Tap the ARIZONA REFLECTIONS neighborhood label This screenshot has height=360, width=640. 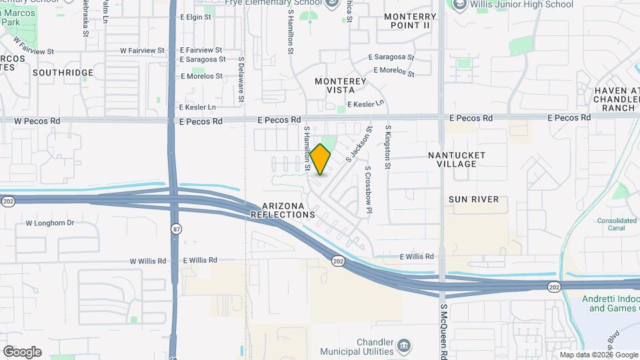283,210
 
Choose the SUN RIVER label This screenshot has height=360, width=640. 473,199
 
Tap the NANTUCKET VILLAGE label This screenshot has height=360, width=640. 457,159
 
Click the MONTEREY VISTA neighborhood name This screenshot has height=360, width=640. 341,85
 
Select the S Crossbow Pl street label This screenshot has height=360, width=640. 367,190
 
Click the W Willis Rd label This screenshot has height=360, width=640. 147,261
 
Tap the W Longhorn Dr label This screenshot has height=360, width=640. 50,223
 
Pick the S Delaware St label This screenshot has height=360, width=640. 241,81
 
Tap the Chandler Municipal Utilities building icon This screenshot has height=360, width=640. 404,345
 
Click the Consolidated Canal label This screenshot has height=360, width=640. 617,225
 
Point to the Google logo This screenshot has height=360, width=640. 22,352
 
